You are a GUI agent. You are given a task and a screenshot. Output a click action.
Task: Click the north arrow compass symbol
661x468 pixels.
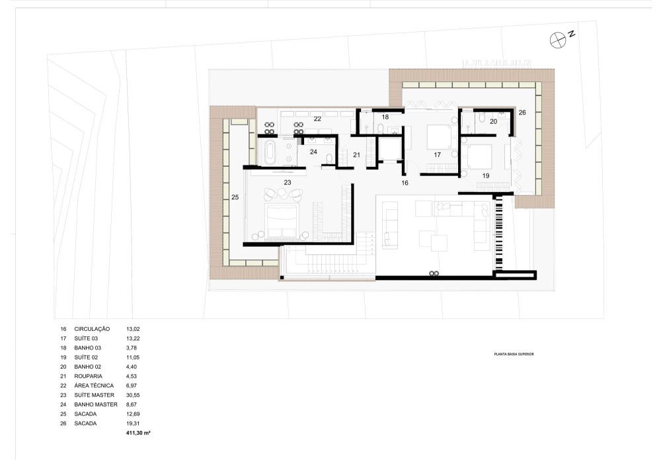tap(558, 40)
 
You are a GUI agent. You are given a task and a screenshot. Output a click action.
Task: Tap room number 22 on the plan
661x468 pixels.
tap(317, 119)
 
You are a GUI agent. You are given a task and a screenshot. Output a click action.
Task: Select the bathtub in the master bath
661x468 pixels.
tap(270, 153)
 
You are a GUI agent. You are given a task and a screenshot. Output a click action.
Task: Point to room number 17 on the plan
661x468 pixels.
tap(437, 155)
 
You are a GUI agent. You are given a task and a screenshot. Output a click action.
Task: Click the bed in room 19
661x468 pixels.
tap(480, 156)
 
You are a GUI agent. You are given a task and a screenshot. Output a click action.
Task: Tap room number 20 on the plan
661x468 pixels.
tap(494, 122)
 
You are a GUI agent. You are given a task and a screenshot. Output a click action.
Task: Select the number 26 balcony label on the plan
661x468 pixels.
tap(522, 113)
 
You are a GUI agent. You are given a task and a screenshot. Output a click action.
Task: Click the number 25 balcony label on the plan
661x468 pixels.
tap(235, 197)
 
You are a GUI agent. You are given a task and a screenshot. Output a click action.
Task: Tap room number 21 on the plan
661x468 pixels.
tap(357, 155)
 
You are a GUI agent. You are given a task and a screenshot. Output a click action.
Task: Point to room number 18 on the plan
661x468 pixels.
tap(385, 117)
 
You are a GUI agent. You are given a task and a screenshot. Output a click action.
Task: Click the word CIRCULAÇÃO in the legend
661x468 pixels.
tap(92, 329)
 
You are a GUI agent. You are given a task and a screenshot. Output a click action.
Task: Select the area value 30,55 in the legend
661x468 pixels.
tap(133, 395)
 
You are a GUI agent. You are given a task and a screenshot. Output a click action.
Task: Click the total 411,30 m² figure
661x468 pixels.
tap(138, 433)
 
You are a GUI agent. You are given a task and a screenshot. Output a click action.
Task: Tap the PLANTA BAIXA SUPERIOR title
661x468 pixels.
tap(514, 354)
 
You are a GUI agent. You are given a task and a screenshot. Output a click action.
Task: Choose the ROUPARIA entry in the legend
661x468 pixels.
tap(88, 377)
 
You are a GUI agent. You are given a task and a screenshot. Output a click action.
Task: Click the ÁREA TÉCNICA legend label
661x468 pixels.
tap(94, 386)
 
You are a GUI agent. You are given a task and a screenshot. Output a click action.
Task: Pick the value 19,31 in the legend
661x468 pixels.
tap(133, 423)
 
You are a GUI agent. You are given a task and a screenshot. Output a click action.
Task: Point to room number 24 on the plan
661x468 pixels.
tap(313, 152)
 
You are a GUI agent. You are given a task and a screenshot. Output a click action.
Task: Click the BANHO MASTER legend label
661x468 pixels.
tap(96, 404)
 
